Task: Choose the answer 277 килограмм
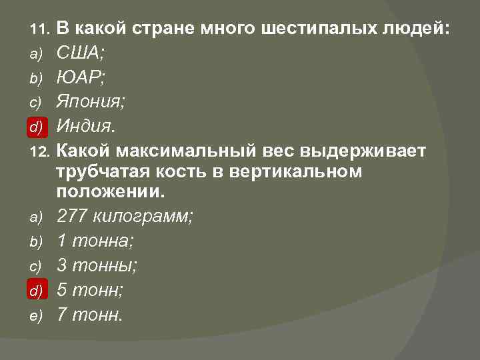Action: (x=125, y=216)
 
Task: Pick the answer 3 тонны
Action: (x=97, y=265)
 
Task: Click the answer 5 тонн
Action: (x=92, y=290)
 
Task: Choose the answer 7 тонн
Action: (x=90, y=314)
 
